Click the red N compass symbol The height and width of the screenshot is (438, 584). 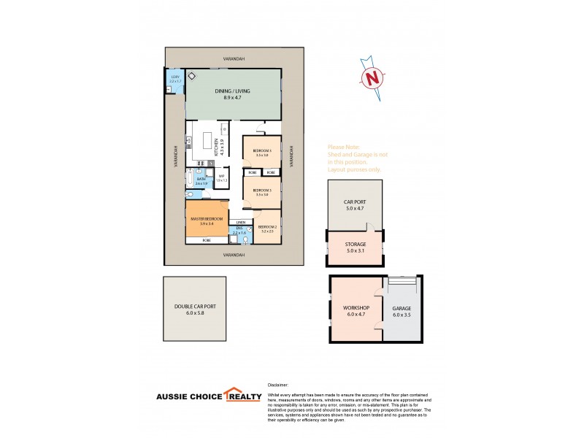(373, 77)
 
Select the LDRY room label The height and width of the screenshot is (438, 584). (174, 78)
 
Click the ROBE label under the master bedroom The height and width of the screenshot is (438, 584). (207, 240)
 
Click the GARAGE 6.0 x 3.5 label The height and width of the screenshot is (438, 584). (402, 311)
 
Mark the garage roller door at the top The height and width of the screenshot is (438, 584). (402, 281)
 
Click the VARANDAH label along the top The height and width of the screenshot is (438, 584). (234, 58)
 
